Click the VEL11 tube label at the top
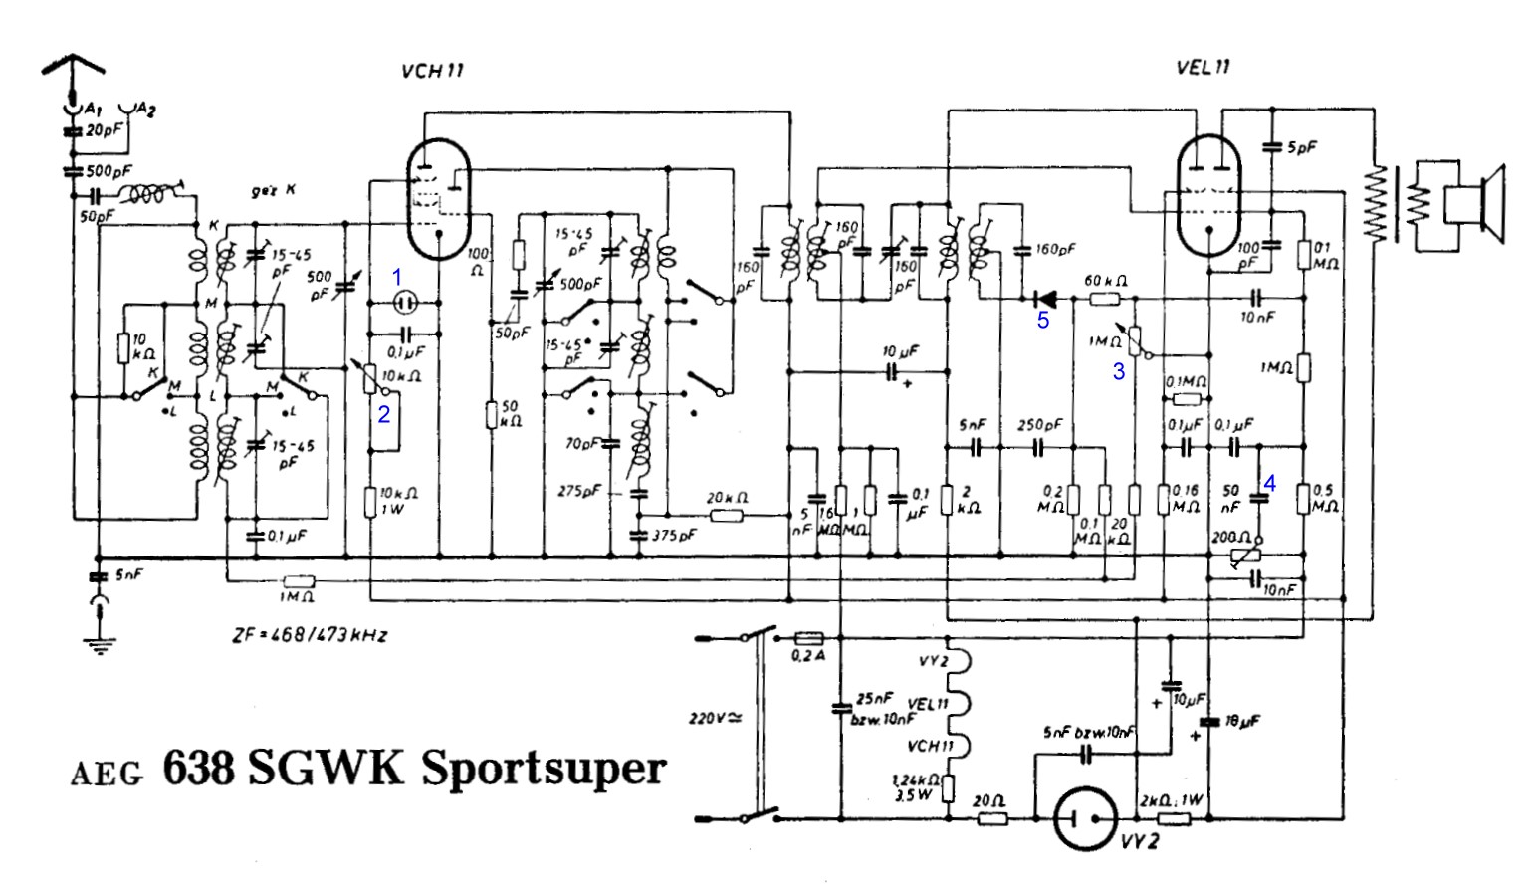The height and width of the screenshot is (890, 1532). tap(1203, 68)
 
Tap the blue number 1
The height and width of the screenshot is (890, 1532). tap(396, 276)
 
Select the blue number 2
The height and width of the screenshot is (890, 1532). tap(383, 415)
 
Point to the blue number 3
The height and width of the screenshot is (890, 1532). tap(1119, 372)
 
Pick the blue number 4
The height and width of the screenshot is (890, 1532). tap(1269, 483)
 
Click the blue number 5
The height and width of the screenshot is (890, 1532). tap(1043, 321)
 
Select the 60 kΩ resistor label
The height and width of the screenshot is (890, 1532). tap(1104, 282)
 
